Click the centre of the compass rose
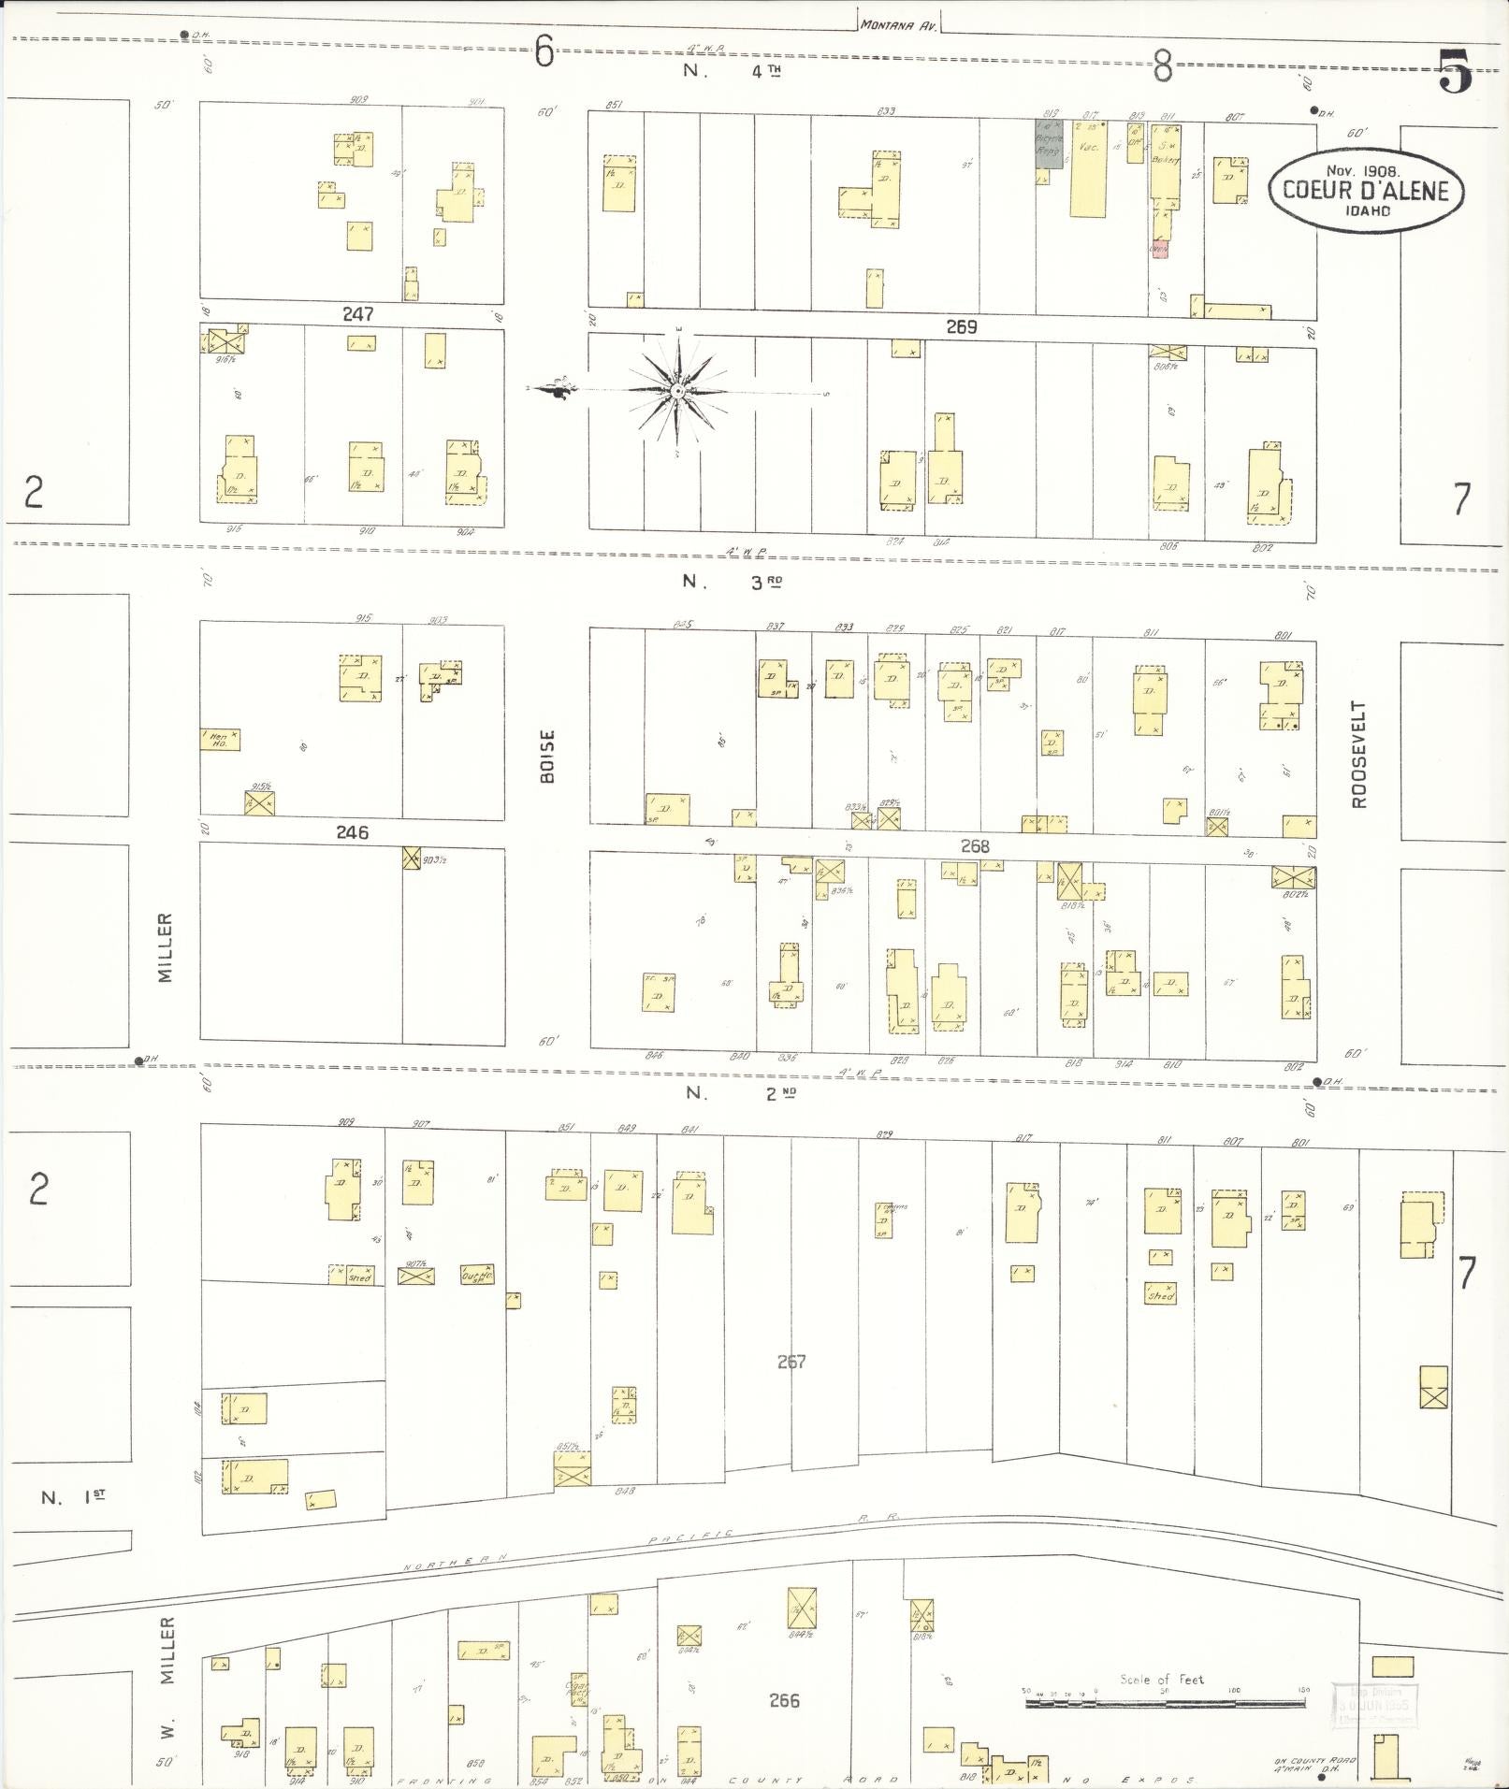676,392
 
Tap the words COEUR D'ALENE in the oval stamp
1365,192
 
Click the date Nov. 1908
1362,171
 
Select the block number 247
357,314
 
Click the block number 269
961,326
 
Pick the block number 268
974,846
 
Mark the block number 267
791,1362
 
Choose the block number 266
784,1700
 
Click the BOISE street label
547,756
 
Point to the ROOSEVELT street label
1358,754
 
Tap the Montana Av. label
899,25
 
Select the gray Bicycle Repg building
1048,144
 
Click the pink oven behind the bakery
1159,249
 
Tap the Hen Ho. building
220,740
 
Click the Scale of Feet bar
1165,1703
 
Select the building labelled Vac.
1088,168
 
